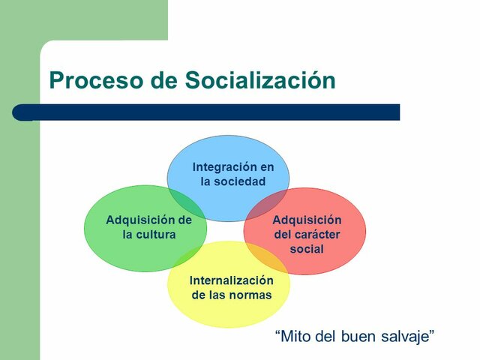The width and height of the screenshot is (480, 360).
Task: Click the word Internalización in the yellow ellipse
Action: point(231,280)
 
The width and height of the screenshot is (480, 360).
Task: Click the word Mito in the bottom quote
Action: point(292,336)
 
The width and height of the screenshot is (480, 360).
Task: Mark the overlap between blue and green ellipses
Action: point(185,200)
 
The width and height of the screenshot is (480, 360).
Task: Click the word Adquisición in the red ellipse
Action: point(306,220)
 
